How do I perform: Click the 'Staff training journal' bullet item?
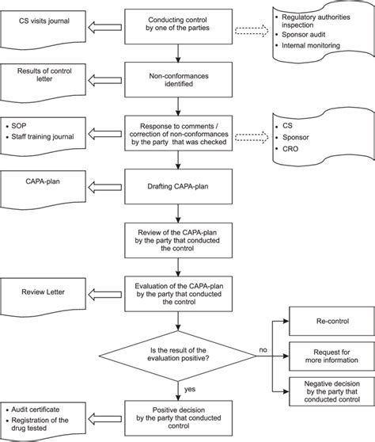[x=47, y=138]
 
